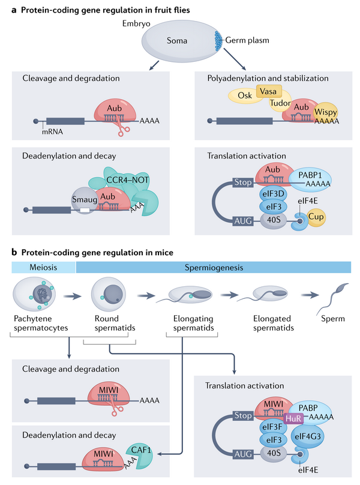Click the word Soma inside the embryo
[176, 42]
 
